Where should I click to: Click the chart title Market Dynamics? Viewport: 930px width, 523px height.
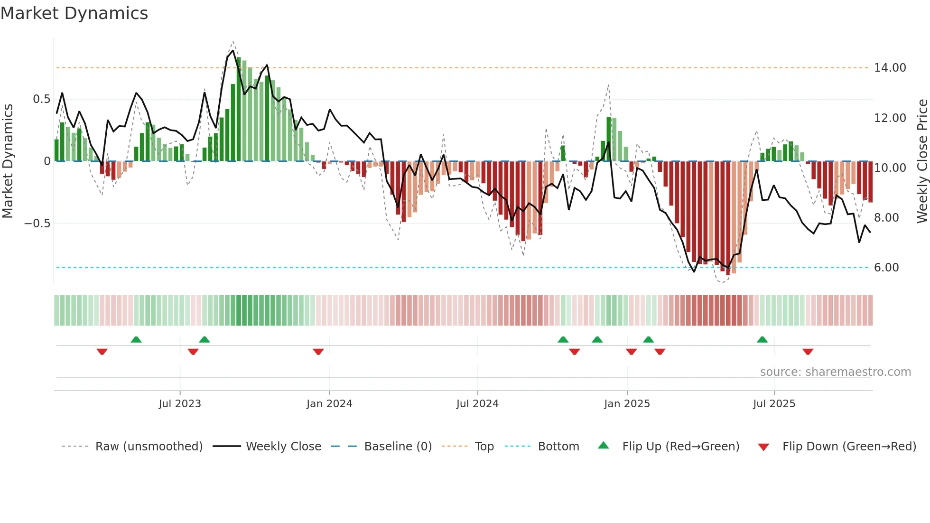click(74, 13)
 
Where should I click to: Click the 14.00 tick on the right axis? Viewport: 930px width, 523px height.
click(890, 68)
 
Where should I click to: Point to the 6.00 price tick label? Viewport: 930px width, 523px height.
click(886, 268)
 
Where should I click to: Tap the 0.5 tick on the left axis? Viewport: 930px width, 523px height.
click(41, 99)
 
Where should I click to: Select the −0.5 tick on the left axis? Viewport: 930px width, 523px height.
click(37, 224)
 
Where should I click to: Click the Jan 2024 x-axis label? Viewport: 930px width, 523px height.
click(329, 404)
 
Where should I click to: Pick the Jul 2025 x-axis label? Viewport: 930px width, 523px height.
click(774, 404)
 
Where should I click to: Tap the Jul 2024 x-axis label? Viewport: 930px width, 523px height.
click(477, 404)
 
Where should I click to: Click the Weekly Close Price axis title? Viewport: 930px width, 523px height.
click(922, 161)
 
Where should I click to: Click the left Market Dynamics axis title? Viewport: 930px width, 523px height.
click(8, 161)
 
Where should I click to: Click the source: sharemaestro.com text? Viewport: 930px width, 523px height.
click(835, 372)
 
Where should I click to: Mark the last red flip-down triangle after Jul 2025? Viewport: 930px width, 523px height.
click(808, 352)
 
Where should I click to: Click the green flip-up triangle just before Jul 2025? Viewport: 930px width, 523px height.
click(762, 339)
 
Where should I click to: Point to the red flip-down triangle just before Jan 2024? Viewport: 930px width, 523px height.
click(318, 352)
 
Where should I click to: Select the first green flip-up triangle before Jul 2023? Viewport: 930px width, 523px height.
click(136, 339)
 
